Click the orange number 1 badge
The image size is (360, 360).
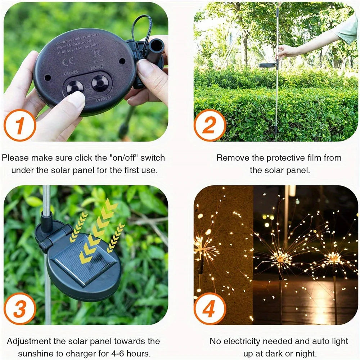click(20, 125)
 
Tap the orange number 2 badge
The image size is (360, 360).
click(210, 125)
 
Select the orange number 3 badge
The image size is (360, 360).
click(20, 309)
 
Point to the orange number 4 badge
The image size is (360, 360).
click(210, 309)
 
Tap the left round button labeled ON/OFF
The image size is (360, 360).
click(75, 86)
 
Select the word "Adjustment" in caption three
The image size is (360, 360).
click(30, 341)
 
